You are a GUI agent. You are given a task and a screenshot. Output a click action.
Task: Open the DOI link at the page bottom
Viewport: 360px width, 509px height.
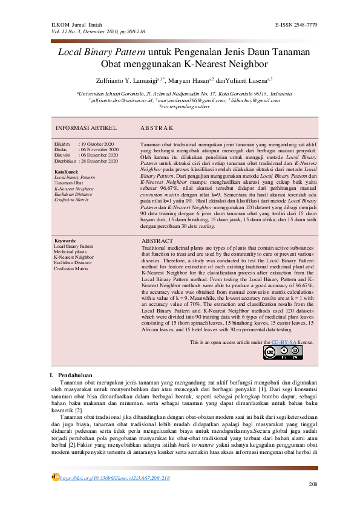point(114,478)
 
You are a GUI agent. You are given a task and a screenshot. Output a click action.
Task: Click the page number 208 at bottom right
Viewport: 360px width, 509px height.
point(313,485)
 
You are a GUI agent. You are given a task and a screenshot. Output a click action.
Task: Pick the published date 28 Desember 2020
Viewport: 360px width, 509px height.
point(99,162)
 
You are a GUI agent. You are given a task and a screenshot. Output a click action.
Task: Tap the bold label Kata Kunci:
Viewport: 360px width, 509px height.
point(65,172)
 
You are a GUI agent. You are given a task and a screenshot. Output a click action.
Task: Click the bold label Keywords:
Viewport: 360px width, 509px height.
point(65,241)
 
